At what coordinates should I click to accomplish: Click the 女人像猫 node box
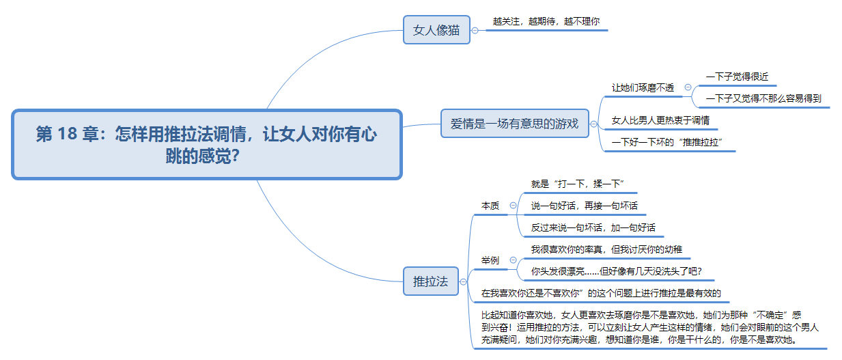click(436, 30)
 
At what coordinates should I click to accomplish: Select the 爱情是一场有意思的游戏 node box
click(515, 124)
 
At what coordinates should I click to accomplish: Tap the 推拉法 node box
click(431, 281)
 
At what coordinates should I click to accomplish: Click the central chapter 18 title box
click(207, 144)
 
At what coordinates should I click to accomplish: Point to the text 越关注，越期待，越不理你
click(546, 21)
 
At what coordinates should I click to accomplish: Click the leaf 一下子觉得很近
click(737, 77)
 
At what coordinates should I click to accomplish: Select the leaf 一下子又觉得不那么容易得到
click(763, 98)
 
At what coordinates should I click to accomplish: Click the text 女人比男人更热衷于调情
click(660, 120)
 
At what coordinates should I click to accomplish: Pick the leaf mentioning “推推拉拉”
click(666, 142)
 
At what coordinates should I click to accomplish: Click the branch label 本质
click(490, 206)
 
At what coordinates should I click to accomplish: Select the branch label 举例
click(490, 260)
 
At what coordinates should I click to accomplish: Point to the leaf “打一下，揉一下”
click(577, 184)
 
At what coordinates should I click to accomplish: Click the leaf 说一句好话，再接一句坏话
click(584, 206)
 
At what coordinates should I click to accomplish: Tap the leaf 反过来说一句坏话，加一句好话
click(593, 227)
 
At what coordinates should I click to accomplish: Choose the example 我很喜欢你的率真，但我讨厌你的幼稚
click(606, 249)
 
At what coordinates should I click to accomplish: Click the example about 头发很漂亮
click(616, 271)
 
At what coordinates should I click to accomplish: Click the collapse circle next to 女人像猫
click(475, 31)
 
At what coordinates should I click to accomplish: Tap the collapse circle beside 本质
click(513, 206)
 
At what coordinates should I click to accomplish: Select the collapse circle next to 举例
click(513, 260)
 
